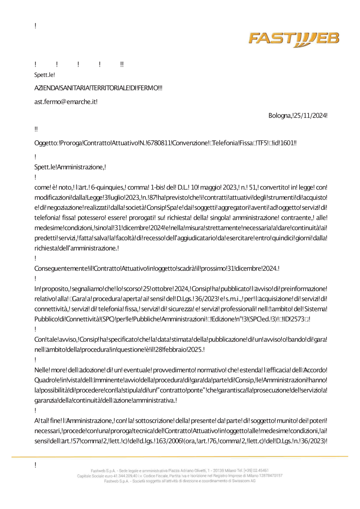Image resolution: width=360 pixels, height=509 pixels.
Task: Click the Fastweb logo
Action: pyautogui.click(x=294, y=39)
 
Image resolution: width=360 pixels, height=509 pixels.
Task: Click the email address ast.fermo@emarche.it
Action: pyautogui.click(x=66, y=102)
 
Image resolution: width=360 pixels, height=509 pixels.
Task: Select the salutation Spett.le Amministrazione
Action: pyautogui.click(x=70, y=167)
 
